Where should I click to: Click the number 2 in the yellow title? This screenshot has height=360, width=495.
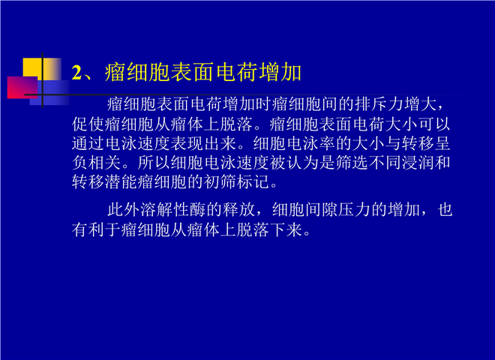(76, 73)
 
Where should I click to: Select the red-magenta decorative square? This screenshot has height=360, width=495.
(22, 88)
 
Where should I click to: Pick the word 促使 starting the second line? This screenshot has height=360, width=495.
(88, 124)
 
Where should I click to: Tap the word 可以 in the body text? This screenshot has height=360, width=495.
(434, 124)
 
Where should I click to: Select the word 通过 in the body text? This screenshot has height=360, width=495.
(88, 143)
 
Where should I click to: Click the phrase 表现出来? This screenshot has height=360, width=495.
(203, 143)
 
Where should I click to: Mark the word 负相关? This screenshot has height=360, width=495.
(97, 163)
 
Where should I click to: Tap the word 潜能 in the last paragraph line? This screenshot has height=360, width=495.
(121, 182)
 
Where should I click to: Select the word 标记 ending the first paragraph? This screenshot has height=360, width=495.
(253, 182)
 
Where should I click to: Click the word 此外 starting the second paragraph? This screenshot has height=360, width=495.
(124, 210)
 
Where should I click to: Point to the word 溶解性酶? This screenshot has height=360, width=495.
(173, 210)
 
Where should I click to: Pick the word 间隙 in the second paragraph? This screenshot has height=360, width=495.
(322, 210)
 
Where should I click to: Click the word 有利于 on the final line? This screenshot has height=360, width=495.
(97, 229)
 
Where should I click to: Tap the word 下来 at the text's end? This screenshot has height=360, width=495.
(286, 229)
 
